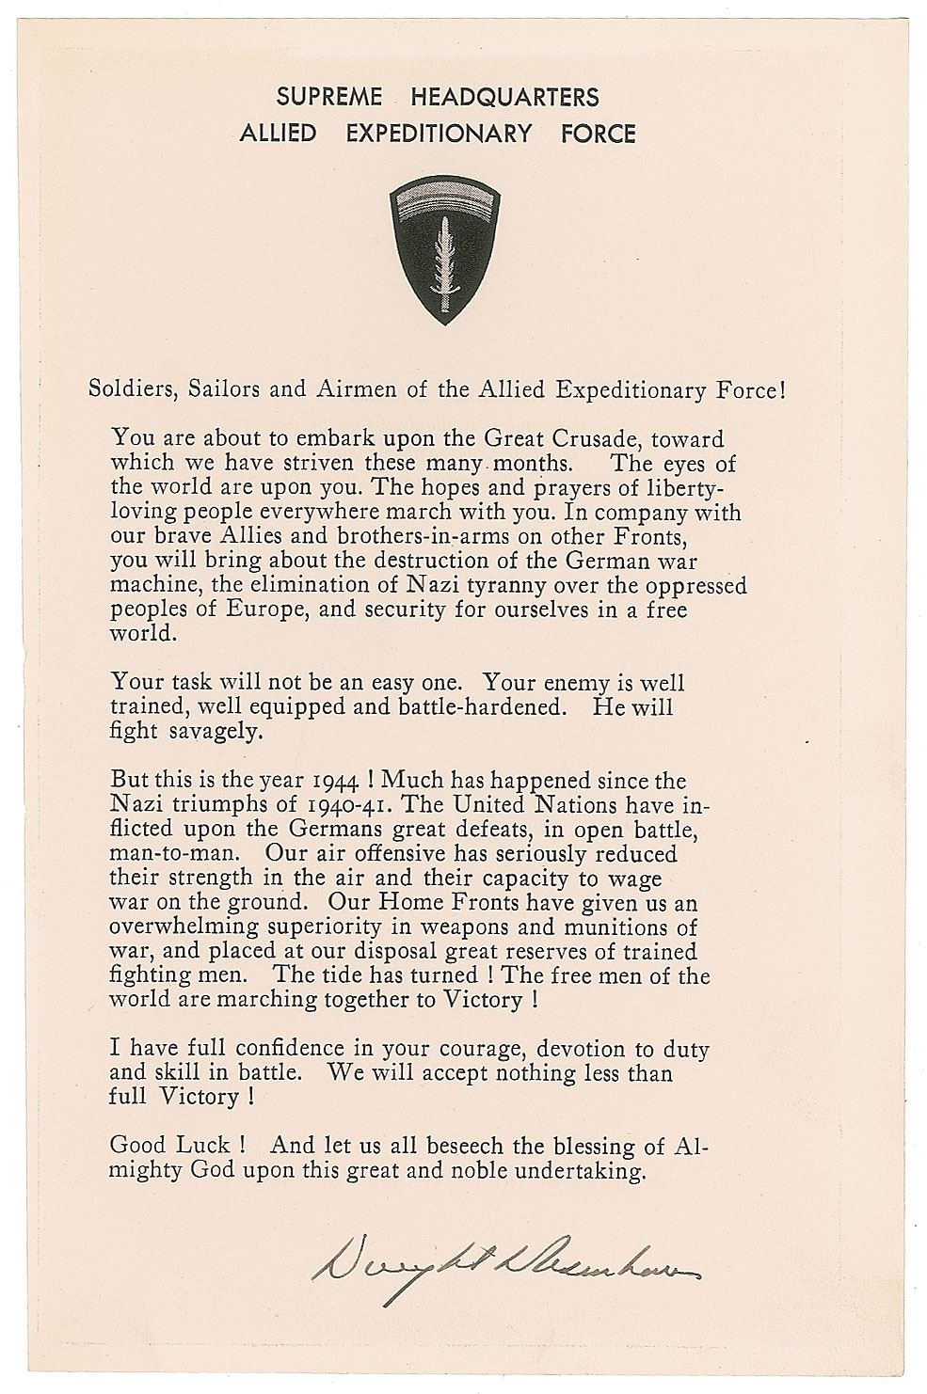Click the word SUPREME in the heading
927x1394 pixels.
[329, 97]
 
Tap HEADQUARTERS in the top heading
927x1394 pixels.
[504, 97]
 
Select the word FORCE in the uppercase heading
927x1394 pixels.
[598, 134]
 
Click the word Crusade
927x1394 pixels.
[587, 438]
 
